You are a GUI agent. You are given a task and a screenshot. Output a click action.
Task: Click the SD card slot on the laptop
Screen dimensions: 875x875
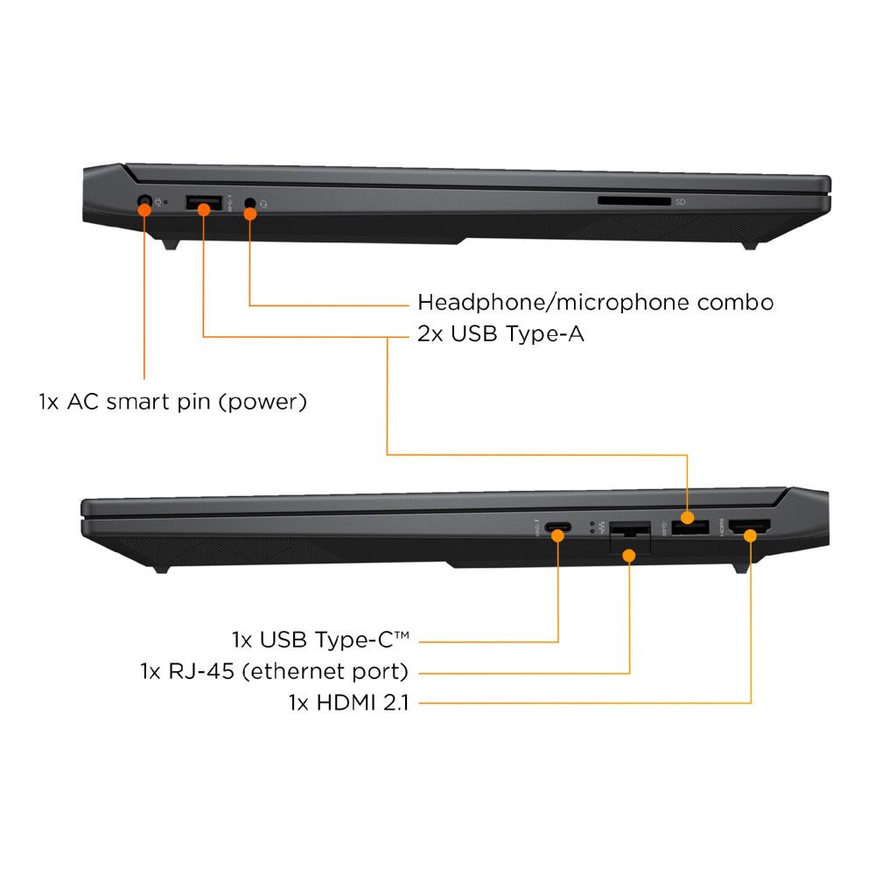click(x=633, y=201)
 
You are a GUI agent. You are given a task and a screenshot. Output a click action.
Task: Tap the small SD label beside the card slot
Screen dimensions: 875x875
click(x=680, y=202)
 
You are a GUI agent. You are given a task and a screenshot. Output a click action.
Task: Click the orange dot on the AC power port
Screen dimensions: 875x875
click(x=144, y=210)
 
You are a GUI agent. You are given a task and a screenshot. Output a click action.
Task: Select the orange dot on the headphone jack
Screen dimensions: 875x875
click(x=250, y=213)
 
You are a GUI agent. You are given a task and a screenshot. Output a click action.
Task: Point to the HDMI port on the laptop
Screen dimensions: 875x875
click(x=750, y=526)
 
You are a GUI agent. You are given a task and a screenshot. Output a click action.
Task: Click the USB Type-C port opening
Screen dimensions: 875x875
click(x=558, y=527)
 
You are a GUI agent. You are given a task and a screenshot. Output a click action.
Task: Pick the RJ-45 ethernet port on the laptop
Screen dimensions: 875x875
click(x=630, y=537)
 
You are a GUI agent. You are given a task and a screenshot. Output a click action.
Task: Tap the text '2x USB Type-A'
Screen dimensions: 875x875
click(x=500, y=333)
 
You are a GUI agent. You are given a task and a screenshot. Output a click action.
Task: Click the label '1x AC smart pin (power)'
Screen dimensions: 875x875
click(x=173, y=402)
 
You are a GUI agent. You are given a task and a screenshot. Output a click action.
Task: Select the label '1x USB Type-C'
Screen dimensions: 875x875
click(x=321, y=640)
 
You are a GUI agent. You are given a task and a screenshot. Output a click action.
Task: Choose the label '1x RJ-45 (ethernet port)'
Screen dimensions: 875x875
click(x=275, y=671)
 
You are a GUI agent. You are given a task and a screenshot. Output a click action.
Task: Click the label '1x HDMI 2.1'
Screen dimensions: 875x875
click(x=349, y=703)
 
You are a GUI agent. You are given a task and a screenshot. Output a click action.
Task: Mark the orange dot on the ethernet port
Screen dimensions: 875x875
click(x=629, y=556)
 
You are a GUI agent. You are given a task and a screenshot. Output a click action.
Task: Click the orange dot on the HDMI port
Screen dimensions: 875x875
click(x=751, y=536)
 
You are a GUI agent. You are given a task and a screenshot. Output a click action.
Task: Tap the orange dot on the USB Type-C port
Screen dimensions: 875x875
click(x=558, y=536)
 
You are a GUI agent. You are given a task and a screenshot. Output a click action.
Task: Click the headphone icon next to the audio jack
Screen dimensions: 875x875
click(x=263, y=204)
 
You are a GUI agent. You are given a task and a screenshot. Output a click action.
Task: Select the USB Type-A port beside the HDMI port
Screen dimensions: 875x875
click(x=690, y=527)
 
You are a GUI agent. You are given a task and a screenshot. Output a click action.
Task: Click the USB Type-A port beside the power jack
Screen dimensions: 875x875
click(x=204, y=203)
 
